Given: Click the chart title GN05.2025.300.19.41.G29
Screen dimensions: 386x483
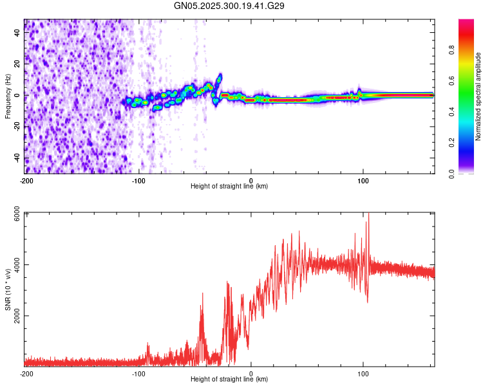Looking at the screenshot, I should pos(230,6).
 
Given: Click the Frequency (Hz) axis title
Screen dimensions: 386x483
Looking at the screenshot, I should pos(8,96).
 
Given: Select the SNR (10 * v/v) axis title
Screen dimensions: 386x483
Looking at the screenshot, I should pos(8,290).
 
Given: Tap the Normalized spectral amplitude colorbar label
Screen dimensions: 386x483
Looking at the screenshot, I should pos(478,96).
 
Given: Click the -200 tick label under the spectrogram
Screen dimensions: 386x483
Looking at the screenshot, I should pos(26,180).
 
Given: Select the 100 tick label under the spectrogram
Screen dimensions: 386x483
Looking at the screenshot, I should pos(363,180).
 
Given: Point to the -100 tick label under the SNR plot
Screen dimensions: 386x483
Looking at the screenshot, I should pos(138,373).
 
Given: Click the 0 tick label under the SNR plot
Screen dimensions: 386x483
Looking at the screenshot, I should pos(251,373).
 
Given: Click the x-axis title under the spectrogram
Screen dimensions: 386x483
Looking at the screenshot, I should pos(229,187).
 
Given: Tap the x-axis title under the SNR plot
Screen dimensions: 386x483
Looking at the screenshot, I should pos(229,380).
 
